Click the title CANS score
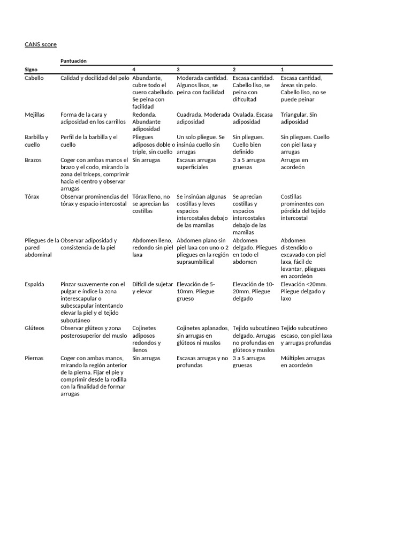40,44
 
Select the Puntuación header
73,61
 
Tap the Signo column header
31,70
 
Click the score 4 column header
134,70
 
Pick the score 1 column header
283,70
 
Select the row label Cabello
34,78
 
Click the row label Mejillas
35,115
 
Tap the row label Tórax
32,196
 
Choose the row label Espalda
34,284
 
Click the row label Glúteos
35,328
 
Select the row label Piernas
34,358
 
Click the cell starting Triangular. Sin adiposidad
299,118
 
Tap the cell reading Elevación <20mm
303,292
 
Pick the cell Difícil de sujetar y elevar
152,288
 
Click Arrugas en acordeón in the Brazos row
294,163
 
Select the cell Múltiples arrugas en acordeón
302,362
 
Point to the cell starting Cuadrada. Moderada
203,118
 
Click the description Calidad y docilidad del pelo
95,78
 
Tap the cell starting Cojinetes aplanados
202,336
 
